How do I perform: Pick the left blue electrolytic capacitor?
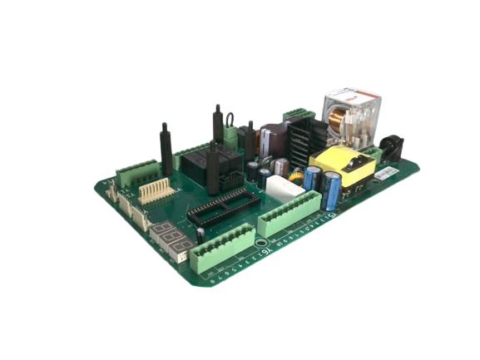(x=312, y=179)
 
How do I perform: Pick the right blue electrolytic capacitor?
(x=333, y=190)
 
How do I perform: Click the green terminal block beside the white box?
(x=288, y=213)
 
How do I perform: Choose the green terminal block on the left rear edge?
(x=136, y=173)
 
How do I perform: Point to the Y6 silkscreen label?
(x=266, y=250)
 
